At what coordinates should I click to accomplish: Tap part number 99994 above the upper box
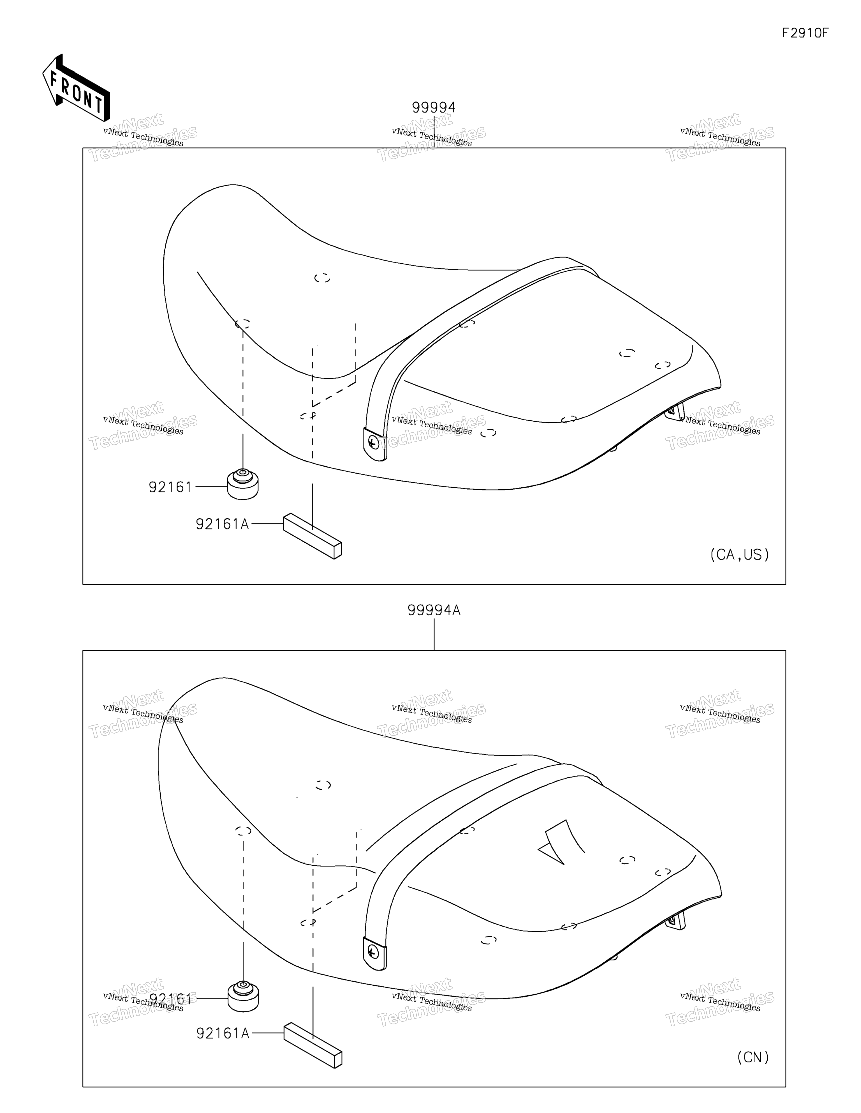(x=434, y=107)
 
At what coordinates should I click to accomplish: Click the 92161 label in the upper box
(x=170, y=487)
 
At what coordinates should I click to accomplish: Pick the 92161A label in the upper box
(x=223, y=524)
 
